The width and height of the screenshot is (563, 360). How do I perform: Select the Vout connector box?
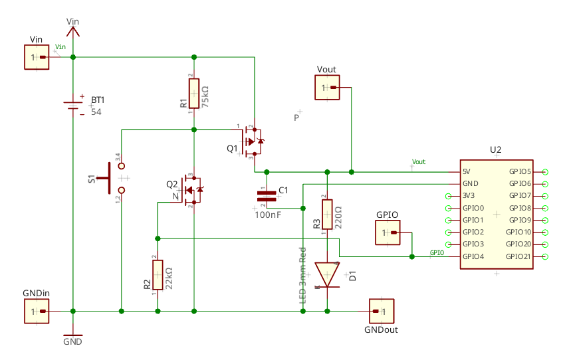pyautogui.click(x=327, y=88)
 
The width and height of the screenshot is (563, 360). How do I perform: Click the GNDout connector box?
pyautogui.click(x=381, y=311)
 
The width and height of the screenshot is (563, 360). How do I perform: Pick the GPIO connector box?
pyautogui.click(x=388, y=232)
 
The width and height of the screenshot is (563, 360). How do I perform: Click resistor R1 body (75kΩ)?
pyautogui.click(x=193, y=93)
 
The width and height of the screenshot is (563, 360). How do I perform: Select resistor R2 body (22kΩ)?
pyautogui.click(x=158, y=275)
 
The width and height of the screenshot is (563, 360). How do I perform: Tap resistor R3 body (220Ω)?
pyautogui.click(x=327, y=214)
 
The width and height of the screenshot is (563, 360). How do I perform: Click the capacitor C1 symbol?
pyautogui.click(x=267, y=195)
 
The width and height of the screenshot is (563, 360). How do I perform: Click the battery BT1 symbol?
pyautogui.click(x=72, y=106)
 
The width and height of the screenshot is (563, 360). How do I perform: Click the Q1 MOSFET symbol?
pyautogui.click(x=252, y=141)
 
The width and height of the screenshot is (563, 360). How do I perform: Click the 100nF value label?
pyautogui.click(x=268, y=215)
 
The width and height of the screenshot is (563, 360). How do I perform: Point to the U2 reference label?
pyautogui.click(x=495, y=150)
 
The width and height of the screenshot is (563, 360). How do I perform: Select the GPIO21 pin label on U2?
pyautogui.click(x=519, y=256)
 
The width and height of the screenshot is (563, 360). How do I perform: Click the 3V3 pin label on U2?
pyautogui.click(x=469, y=196)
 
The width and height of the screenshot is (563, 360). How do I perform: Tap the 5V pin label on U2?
pyautogui.click(x=467, y=171)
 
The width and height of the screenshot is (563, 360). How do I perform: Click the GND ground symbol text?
pyautogui.click(x=72, y=342)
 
